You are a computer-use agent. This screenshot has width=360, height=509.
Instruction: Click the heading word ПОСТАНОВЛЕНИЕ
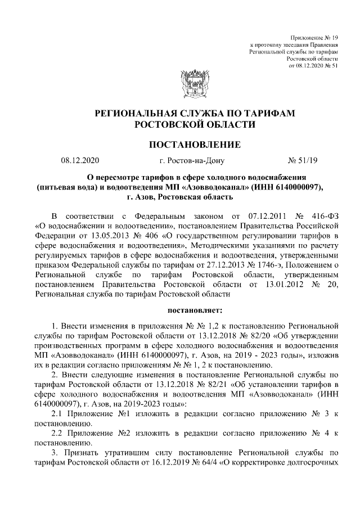194,145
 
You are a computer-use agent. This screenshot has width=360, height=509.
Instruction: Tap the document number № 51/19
303,161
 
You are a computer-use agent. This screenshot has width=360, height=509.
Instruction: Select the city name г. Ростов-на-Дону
192,161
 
